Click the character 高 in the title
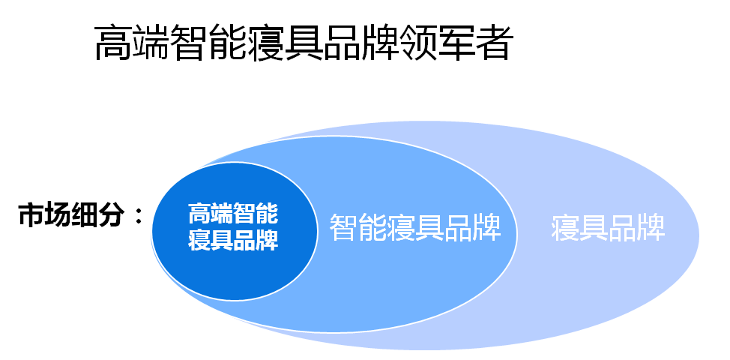tap(112, 43)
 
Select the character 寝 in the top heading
tap(265, 43)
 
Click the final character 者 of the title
tap(495, 43)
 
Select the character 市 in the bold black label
tap(32, 215)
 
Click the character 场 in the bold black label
tap(58, 215)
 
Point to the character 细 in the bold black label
tap(85, 215)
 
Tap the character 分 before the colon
tap(112, 215)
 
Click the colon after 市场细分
tap(138, 217)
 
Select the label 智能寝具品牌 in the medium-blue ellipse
tap(415, 227)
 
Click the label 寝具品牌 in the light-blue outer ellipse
tap(608, 227)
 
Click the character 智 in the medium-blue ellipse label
tap(344, 227)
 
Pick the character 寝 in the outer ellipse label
tap(566, 227)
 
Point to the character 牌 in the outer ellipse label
tap(651, 227)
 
